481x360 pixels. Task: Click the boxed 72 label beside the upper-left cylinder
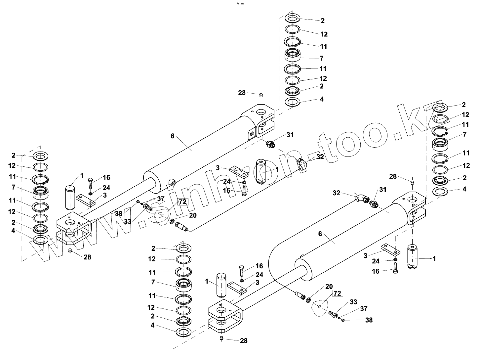coord(183,202)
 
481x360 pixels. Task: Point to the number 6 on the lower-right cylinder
coord(320,234)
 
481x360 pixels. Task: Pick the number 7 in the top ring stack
coord(321,58)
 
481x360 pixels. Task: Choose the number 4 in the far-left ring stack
coord(13,231)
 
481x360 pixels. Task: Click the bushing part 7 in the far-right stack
coord(440,144)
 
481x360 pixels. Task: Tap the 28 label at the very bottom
coord(244,340)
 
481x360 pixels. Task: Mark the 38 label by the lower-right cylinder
coord(369,320)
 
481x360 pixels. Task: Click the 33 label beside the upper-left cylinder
coord(128,221)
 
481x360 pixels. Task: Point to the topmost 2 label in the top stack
coord(323,21)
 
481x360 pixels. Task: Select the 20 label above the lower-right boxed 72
coord(329,287)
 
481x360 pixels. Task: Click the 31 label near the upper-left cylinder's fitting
coord(290,135)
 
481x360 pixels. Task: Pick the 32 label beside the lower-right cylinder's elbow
coord(337,193)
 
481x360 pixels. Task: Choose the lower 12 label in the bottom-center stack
coord(151,307)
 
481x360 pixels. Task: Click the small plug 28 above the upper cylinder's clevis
coord(261,95)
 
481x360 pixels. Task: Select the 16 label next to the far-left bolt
coord(106,178)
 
